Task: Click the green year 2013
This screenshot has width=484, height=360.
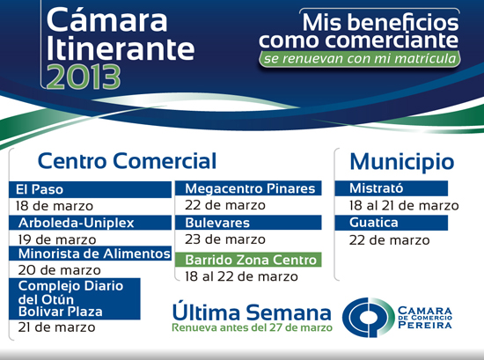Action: (84, 77)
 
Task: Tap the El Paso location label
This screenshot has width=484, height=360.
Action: (40, 189)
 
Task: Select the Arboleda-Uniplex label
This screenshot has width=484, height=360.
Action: (77, 223)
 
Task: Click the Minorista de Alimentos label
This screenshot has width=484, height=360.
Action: (94, 253)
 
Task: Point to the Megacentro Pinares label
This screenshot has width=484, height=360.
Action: (250, 188)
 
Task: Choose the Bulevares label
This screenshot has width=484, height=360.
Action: (217, 223)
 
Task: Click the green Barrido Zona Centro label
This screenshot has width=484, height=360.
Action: (251, 260)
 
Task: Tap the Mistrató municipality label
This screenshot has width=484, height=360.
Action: (377, 188)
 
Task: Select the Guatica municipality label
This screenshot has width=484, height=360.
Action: (374, 223)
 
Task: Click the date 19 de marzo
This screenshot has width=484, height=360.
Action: (57, 239)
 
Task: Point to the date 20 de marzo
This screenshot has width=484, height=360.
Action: (59, 270)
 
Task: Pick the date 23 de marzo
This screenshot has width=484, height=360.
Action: (225, 239)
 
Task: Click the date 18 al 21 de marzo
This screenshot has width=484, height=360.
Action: (404, 206)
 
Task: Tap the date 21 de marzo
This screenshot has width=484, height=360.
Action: (57, 327)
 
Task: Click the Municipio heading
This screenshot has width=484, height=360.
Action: (402, 161)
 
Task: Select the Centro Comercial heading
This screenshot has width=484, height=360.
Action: (127, 160)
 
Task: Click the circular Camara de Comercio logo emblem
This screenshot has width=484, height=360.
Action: (368, 317)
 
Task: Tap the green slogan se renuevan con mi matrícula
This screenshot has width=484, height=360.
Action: (360, 58)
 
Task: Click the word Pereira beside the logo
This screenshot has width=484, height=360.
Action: (425, 325)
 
